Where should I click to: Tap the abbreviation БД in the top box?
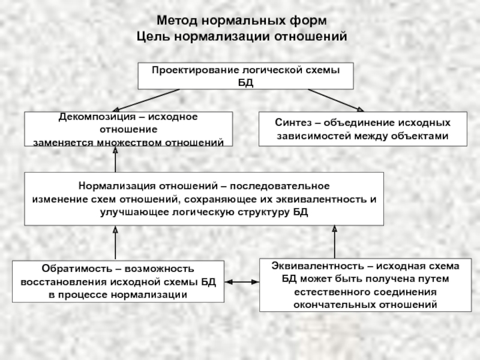[246, 82]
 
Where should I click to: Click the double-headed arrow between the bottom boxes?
[242, 281]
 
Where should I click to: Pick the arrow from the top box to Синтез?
[335, 100]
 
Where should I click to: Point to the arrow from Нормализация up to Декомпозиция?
[115, 159]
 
